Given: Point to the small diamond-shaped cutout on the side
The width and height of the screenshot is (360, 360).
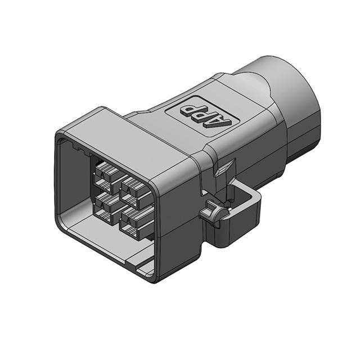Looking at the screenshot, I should (x=226, y=168).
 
